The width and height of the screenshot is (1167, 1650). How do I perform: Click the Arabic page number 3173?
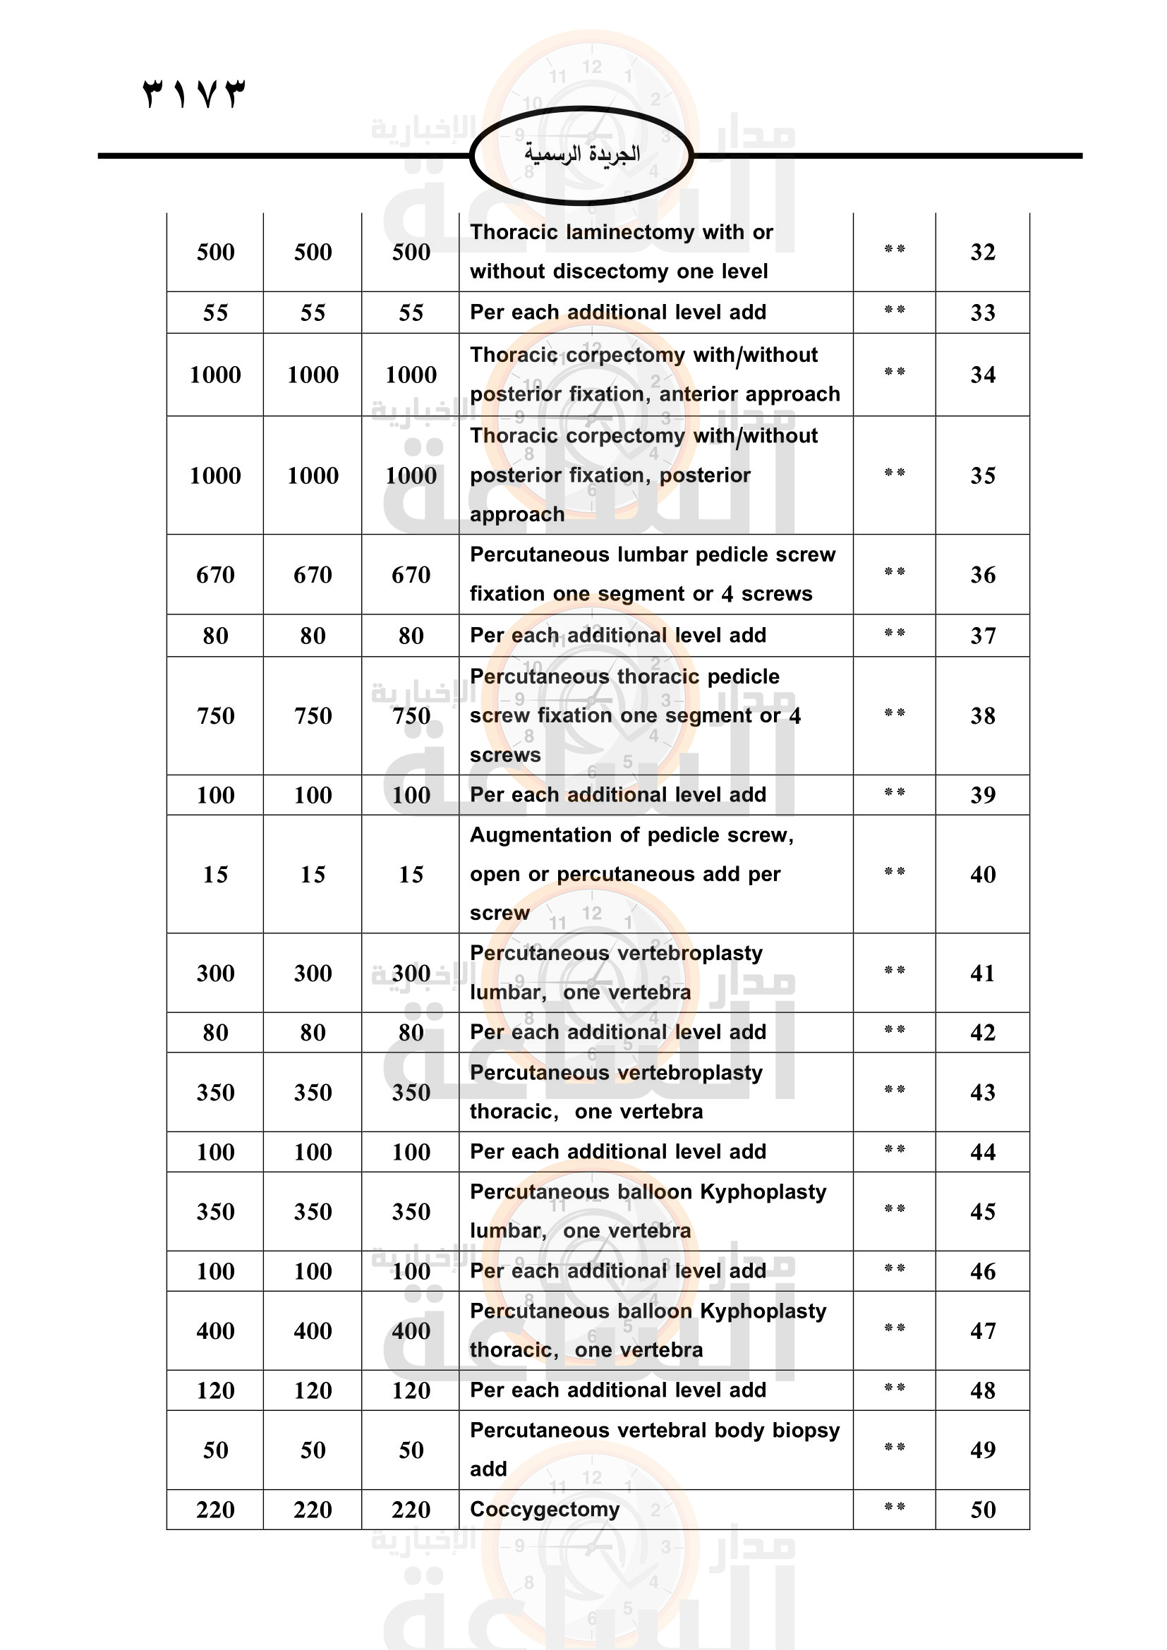coord(194,93)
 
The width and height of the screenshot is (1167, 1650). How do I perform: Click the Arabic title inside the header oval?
coord(581,154)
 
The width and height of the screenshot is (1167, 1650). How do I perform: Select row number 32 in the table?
coord(982,253)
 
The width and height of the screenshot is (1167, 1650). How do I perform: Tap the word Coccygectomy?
coord(544,1509)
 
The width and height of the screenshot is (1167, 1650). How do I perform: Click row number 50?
coord(982,1510)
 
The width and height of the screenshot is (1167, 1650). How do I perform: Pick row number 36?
coord(982,575)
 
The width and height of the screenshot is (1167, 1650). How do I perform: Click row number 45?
coord(982,1213)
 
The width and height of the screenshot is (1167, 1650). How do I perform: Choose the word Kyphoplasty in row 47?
coord(763,1311)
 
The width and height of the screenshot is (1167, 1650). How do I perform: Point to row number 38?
coord(982,716)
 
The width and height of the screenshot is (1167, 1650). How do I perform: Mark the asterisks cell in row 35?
coord(894,473)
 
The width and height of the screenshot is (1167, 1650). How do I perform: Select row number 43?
coord(982,1093)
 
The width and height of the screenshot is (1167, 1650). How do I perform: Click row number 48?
coord(982,1390)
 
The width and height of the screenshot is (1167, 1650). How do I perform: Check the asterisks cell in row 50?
coord(894,1508)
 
